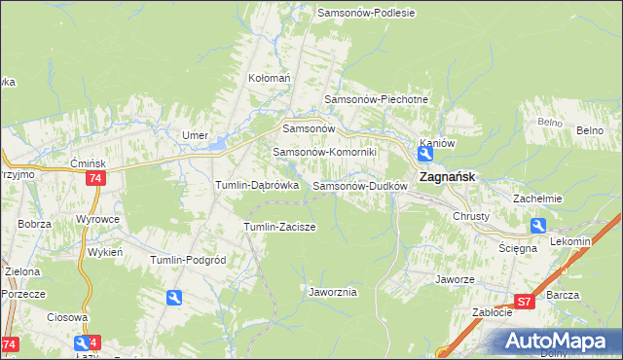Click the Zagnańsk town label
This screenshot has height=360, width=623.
447,178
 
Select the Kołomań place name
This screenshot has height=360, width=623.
270,78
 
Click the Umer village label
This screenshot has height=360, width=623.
195,135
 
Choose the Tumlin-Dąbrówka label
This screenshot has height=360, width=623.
257,185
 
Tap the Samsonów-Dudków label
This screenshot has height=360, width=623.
359,185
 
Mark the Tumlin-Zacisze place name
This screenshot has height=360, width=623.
278,227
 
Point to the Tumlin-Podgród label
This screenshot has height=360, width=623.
188,260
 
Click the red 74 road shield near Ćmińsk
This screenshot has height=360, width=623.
95,178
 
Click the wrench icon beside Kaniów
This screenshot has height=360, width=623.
426,154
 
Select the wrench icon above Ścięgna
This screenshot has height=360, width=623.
538,226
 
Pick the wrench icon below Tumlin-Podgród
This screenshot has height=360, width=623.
173,298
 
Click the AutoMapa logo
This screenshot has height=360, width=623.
559,342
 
